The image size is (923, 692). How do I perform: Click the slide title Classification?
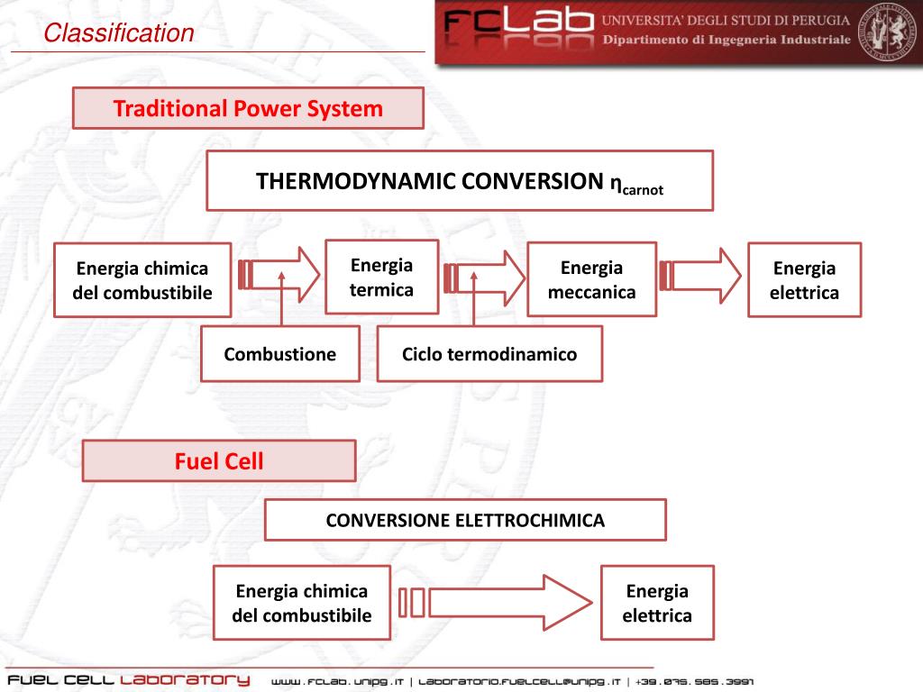point(119,34)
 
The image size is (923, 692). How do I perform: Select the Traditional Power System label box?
point(248,109)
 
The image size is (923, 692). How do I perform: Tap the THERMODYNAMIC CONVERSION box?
point(460,181)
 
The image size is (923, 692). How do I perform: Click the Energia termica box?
point(381,278)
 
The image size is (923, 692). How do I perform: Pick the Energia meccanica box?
point(591,279)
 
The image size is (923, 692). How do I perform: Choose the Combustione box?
point(279,354)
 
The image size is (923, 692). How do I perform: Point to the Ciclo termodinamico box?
point(489,354)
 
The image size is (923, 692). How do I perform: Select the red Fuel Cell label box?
point(219,461)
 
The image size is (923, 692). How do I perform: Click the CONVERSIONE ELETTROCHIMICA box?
point(465,520)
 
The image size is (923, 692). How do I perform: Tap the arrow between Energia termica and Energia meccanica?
point(487,276)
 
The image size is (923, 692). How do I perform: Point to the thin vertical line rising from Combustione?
point(282,302)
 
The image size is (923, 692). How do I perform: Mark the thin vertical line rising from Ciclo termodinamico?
point(474,302)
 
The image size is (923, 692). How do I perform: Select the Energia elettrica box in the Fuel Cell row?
point(657,604)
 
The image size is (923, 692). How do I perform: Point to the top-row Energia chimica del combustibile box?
point(142,280)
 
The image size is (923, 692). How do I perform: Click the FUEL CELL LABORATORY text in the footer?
point(128,679)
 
